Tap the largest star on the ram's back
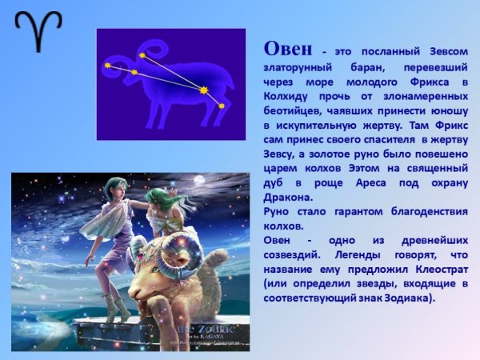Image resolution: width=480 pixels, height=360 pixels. pos(204,90)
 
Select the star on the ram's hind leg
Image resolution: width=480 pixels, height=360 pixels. pos(222,105)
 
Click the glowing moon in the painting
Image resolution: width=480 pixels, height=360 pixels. pos(198,181)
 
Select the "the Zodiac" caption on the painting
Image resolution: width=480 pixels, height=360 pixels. pos(206,329)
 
